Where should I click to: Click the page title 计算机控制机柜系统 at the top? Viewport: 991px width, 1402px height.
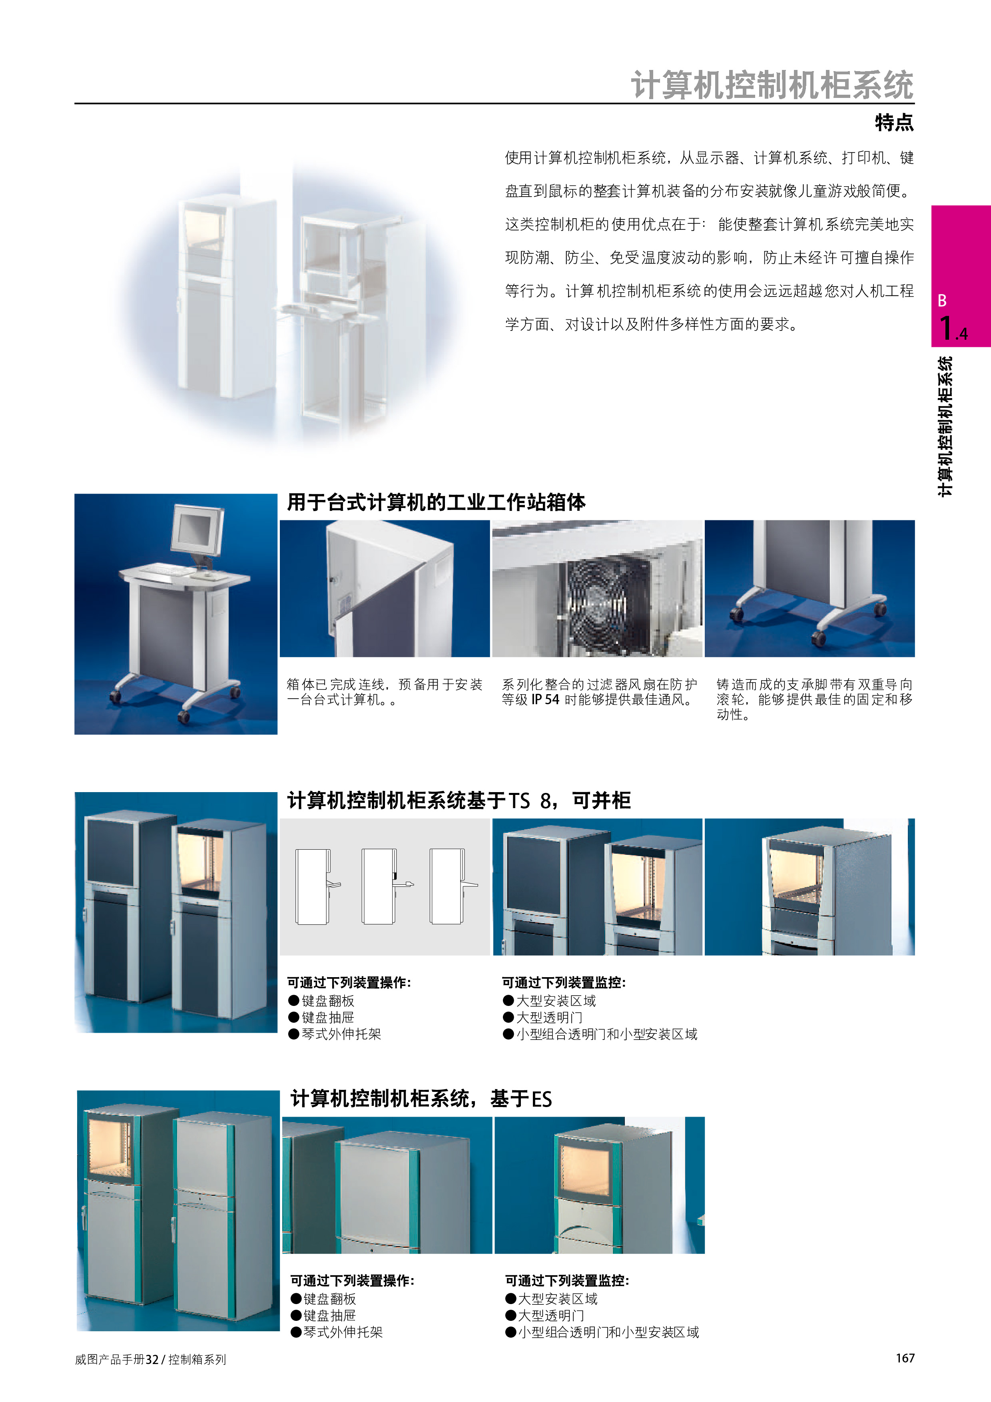(772, 84)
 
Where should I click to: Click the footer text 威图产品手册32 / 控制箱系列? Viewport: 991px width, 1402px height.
(151, 1359)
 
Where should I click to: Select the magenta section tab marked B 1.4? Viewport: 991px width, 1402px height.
(961, 276)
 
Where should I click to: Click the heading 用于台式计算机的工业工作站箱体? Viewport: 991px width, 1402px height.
(436, 502)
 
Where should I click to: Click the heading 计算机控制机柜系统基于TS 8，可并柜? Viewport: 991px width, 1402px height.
(459, 800)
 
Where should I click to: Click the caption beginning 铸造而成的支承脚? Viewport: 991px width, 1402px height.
(815, 699)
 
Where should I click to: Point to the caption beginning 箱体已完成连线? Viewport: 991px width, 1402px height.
(385, 692)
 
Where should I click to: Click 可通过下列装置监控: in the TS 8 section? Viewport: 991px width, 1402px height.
(564, 982)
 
